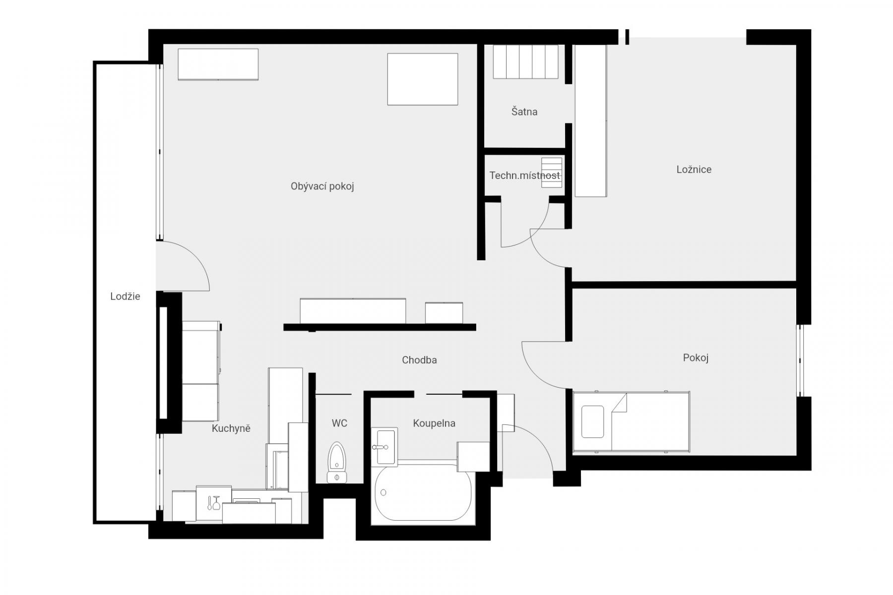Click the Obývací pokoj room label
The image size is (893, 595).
(322, 186)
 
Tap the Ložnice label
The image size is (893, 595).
(694, 170)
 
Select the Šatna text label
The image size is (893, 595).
(524, 112)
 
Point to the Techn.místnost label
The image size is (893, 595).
(524, 176)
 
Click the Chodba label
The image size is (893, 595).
(419, 360)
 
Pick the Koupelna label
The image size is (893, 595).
(434, 423)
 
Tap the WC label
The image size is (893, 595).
(339, 423)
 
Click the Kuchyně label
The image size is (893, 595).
(231, 428)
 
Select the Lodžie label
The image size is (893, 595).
(125, 297)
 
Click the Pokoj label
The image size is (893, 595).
(696, 358)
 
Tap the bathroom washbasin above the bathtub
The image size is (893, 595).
(384, 447)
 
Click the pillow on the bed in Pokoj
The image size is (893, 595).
(592, 422)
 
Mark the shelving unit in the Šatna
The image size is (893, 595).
(525, 61)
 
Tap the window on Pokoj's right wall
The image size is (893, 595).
(800, 360)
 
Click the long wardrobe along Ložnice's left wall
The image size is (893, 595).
(590, 120)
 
